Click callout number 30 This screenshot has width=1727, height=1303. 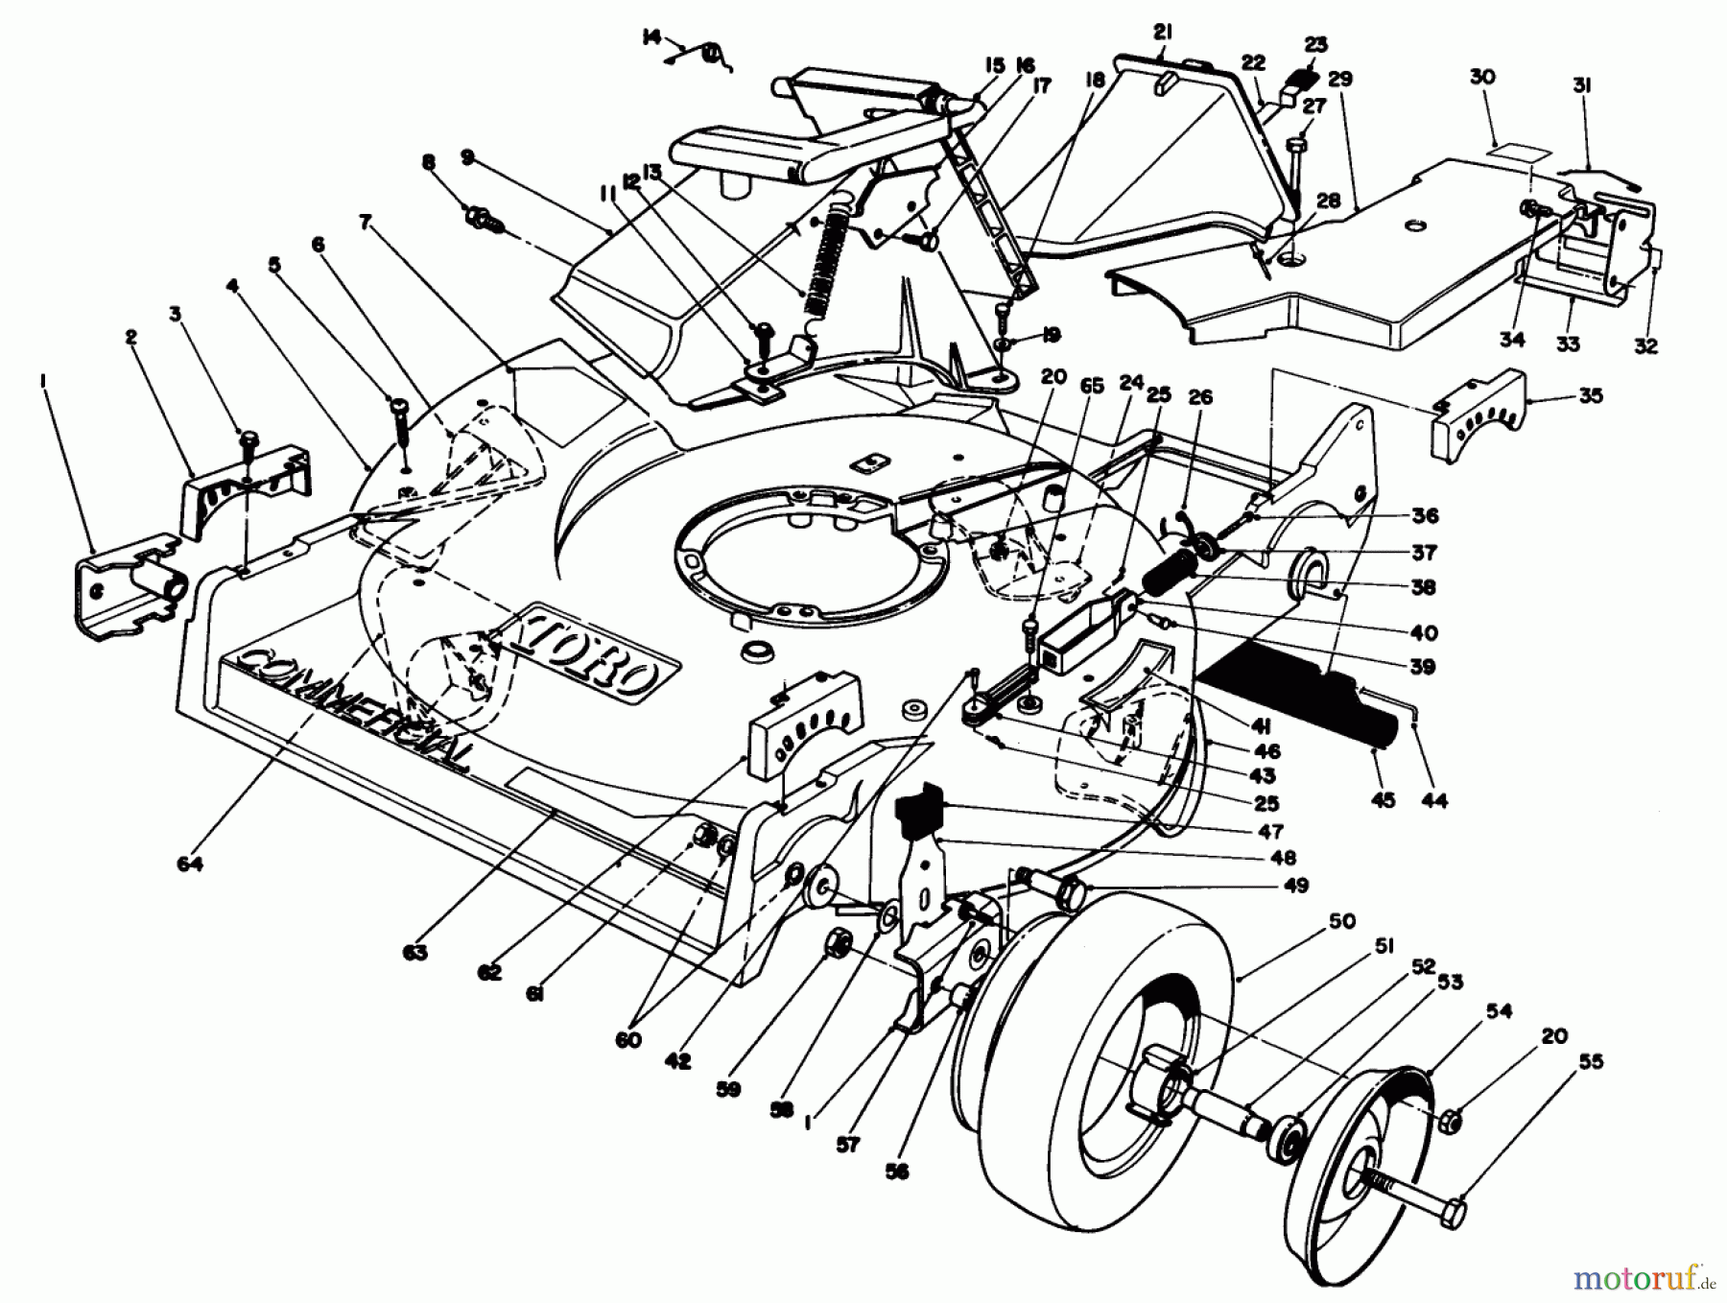(1482, 77)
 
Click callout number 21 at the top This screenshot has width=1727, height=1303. (1163, 32)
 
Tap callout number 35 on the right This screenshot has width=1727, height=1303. (1590, 395)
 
